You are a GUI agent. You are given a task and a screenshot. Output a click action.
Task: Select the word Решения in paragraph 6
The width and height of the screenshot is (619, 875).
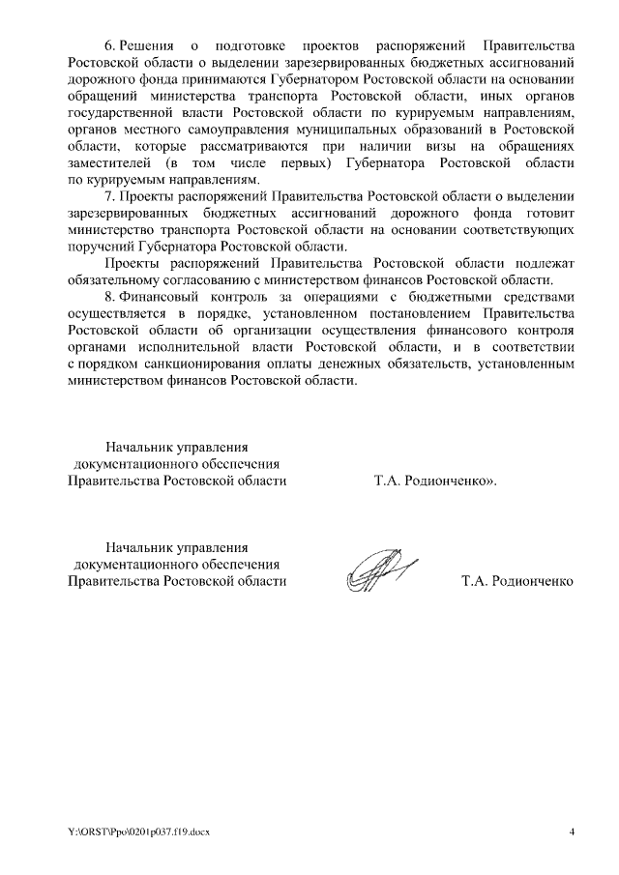point(150,46)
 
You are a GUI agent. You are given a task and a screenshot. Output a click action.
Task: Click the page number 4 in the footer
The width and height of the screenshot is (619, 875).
point(571,832)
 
